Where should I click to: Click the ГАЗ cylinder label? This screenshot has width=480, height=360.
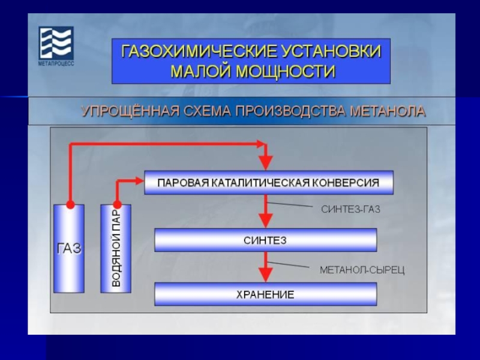click(69, 248)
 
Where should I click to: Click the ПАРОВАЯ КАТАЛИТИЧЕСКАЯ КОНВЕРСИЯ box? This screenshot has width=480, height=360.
click(268, 182)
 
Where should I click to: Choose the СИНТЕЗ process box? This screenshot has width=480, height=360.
click(265, 240)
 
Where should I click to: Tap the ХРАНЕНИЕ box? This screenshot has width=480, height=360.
click(265, 294)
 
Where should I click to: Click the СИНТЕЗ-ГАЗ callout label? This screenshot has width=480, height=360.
click(351, 209)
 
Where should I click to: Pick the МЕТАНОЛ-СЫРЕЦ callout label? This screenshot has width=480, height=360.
click(362, 270)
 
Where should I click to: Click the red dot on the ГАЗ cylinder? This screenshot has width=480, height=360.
click(70, 204)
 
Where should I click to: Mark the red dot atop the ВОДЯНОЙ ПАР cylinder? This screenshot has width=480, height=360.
click(116, 204)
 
